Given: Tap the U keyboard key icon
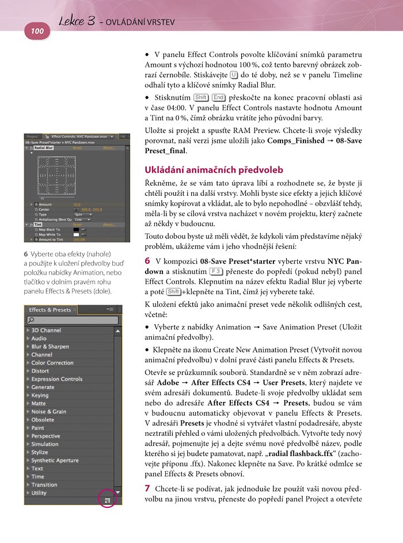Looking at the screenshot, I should (233, 75).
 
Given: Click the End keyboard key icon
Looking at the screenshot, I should (219, 97).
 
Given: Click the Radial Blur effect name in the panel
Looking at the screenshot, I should (44, 148).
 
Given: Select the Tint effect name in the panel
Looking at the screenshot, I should (38, 225).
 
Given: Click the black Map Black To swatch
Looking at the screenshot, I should (77, 229).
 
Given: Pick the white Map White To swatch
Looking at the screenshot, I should (77, 234).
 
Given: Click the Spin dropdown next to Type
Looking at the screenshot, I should (82, 215).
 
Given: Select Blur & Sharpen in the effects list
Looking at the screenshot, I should (50, 347).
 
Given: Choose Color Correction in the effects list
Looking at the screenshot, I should (52, 363).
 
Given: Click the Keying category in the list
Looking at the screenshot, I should (40, 396).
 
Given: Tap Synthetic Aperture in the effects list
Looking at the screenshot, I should (55, 461).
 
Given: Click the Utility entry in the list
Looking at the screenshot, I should (39, 493).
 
